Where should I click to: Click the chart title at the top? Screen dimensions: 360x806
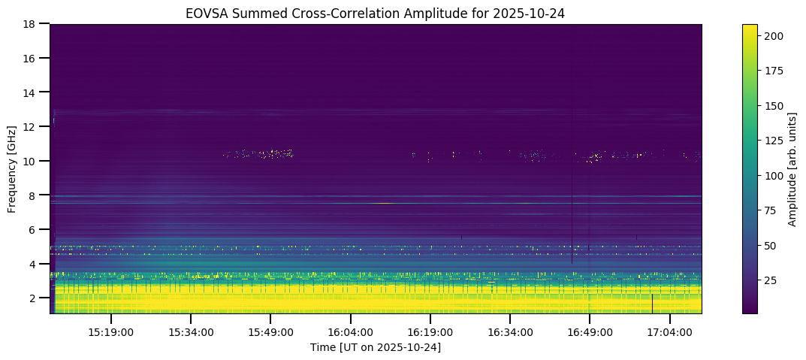click(376, 13)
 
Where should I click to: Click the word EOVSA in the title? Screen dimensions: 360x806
click(206, 13)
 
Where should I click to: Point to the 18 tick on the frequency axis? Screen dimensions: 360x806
click(31, 24)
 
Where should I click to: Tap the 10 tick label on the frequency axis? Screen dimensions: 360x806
click(31, 161)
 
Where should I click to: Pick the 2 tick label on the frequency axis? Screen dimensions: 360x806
click(34, 298)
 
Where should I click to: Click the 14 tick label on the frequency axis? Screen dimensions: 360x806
click(31, 92)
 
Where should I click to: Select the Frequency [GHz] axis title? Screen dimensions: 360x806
click(12, 168)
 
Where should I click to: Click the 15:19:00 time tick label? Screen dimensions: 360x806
click(111, 332)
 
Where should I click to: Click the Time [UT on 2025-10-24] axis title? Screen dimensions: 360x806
click(376, 347)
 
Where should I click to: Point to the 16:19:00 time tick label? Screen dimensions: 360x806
click(430, 332)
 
